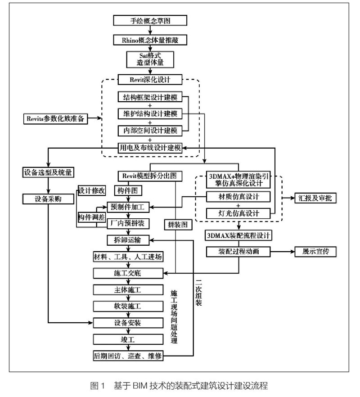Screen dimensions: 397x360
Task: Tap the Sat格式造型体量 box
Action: [x=149, y=59]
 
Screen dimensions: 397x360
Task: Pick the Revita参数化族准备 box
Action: [x=56, y=119]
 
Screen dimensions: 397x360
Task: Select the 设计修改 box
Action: [x=92, y=190]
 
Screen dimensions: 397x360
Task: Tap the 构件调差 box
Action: [x=92, y=217]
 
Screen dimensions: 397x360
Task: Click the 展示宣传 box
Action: [x=315, y=251]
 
